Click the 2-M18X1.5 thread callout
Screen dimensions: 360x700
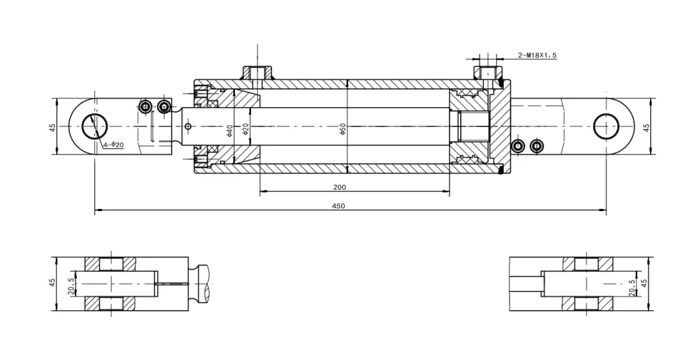click(537, 55)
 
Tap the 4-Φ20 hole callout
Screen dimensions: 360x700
click(113, 145)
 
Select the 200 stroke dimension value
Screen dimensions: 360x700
click(340, 187)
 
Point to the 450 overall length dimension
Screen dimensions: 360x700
click(338, 206)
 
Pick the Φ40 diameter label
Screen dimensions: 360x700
click(230, 129)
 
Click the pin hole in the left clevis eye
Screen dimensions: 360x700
click(94, 127)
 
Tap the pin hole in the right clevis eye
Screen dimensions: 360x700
click(606, 127)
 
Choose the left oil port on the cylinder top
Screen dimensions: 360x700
click(257, 72)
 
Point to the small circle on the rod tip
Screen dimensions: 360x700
click(187, 127)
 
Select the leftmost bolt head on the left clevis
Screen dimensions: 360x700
click(145, 107)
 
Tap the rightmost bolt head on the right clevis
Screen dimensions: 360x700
click(537, 146)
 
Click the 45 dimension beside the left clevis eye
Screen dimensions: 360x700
click(53, 127)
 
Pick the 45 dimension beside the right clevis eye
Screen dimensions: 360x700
click(647, 127)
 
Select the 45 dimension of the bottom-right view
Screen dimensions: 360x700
click(644, 283)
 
